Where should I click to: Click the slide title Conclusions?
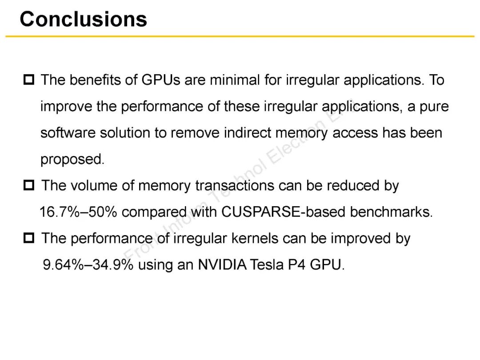point(83,19)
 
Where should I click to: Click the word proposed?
point(72,160)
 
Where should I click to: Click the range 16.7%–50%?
point(78,212)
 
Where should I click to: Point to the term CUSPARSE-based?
point(284,212)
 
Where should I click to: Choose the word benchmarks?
point(391,212)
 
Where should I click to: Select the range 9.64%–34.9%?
point(88,265)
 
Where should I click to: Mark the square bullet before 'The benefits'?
point(29,80)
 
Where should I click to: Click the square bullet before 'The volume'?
point(29,186)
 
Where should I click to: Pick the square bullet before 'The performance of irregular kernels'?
point(29,239)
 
